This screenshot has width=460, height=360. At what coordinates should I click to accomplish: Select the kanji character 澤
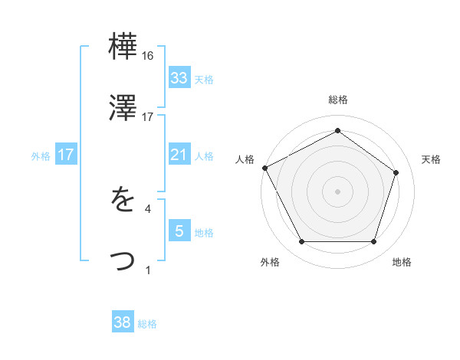point(123,109)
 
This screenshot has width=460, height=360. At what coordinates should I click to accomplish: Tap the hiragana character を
point(123,201)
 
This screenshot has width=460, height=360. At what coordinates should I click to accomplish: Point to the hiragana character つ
point(123,260)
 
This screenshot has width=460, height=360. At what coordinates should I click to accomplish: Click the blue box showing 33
point(179,78)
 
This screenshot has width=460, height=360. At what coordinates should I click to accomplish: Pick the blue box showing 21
point(179,155)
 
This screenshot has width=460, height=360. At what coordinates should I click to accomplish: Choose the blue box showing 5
point(179,231)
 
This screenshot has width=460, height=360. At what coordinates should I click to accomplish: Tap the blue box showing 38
point(123,322)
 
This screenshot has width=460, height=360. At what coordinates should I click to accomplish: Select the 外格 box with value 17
point(66,155)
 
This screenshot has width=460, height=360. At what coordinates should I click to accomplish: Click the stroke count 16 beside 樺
point(148,56)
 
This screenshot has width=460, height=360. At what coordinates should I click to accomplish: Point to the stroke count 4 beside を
point(148,208)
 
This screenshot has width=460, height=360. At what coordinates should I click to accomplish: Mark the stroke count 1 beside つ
point(147,269)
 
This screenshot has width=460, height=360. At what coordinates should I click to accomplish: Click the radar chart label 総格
point(337,100)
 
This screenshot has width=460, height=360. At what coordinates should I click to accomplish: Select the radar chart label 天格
point(431,159)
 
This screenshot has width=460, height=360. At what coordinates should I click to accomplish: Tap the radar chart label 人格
point(245,159)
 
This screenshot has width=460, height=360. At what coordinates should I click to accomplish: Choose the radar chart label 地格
point(401,262)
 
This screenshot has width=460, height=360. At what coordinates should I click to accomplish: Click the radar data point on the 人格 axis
point(264,167)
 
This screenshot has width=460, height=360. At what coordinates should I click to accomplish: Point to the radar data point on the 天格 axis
point(396,172)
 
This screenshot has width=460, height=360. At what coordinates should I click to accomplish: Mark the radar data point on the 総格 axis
point(337,131)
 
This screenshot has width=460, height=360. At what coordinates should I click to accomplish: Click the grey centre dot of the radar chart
point(337,191)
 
